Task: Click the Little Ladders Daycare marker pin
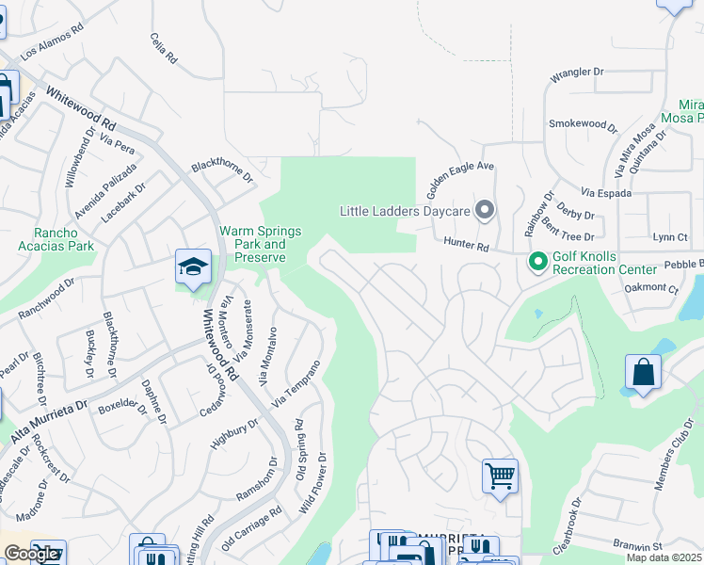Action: tap(485, 209)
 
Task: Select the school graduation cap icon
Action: tap(193, 266)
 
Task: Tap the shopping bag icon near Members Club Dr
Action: tap(643, 372)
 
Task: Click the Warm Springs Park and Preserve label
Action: tap(260, 243)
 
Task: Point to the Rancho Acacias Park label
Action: tap(56, 239)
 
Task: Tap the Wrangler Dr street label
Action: tap(576, 72)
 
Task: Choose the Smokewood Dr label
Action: tap(583, 123)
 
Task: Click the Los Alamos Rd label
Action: tap(53, 41)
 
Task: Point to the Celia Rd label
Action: tap(163, 47)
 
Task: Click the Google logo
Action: tap(31, 554)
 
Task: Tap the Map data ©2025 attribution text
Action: tap(664, 557)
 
